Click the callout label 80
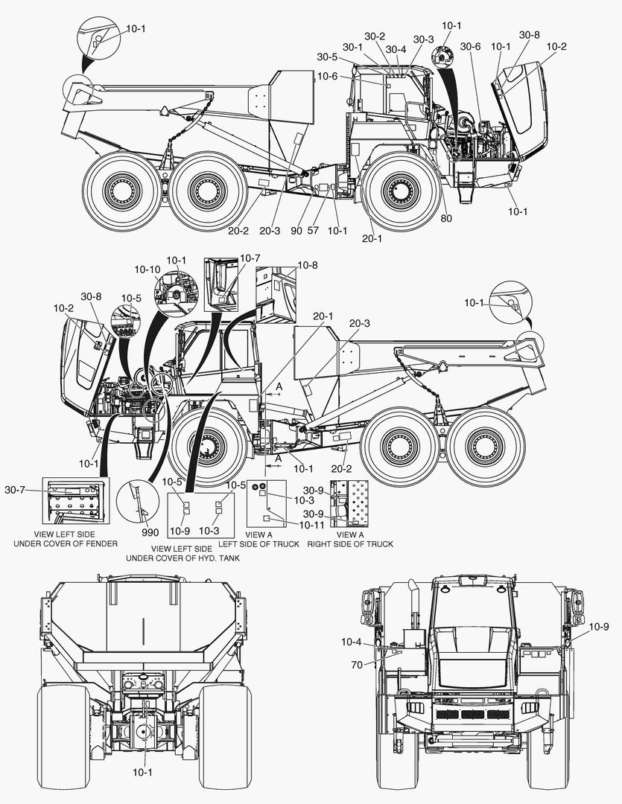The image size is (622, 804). click(446, 218)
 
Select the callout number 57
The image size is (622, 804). click(313, 231)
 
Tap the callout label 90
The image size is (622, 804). click(296, 231)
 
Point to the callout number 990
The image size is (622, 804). click(150, 532)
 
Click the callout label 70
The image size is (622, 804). click(357, 665)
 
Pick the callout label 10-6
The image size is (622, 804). click(328, 77)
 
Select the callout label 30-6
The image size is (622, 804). click(470, 47)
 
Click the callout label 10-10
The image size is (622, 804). click(147, 269)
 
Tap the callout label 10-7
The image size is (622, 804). click(250, 258)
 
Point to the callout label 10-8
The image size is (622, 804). click(308, 265)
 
